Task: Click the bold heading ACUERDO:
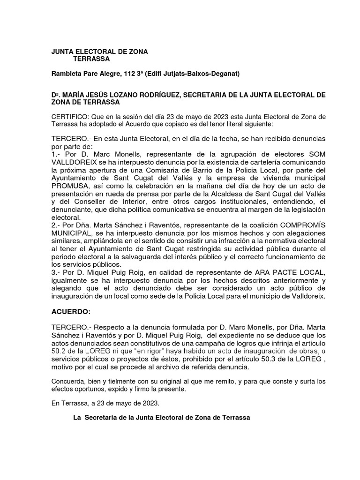[x=70, y=312]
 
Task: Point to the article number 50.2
[x=59, y=351]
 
